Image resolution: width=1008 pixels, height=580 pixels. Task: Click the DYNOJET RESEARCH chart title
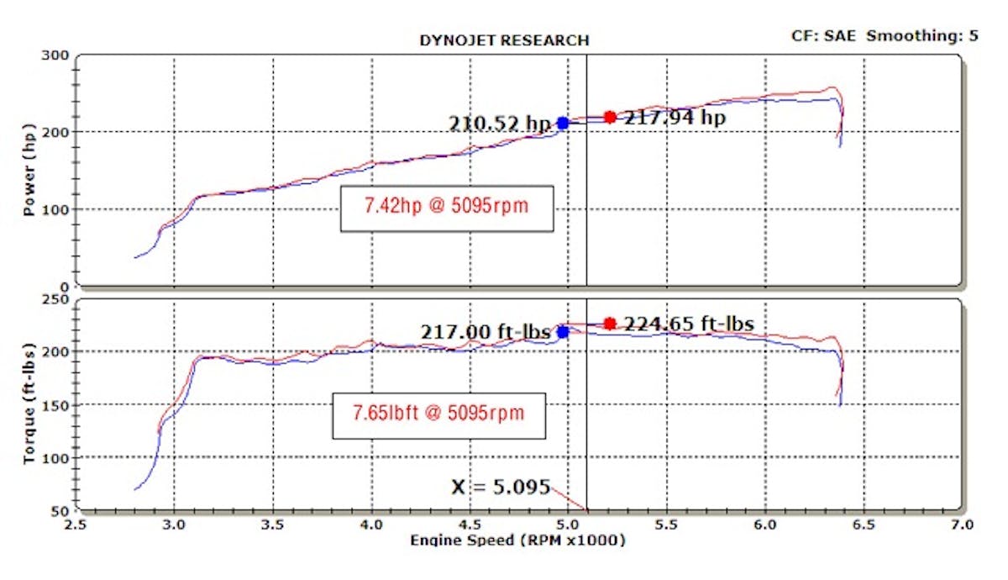coord(503,40)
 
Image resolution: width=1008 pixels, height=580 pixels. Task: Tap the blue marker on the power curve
coord(563,123)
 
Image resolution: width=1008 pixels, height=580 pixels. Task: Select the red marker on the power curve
coord(610,117)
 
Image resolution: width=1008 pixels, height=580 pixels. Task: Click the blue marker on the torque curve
coord(563,332)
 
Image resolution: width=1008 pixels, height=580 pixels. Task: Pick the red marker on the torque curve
coord(610,324)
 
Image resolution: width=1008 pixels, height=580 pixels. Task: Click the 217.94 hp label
coord(674,118)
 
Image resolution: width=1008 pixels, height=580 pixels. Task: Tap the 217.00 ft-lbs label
coord(485,332)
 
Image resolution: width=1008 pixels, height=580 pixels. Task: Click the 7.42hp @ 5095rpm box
coord(447,208)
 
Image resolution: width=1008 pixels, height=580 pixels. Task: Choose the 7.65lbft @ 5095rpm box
coord(438,415)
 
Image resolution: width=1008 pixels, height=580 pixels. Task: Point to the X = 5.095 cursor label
coord(501,487)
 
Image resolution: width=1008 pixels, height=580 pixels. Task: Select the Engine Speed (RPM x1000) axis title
coord(517,540)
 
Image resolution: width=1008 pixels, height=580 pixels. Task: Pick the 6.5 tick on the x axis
coord(863,525)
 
